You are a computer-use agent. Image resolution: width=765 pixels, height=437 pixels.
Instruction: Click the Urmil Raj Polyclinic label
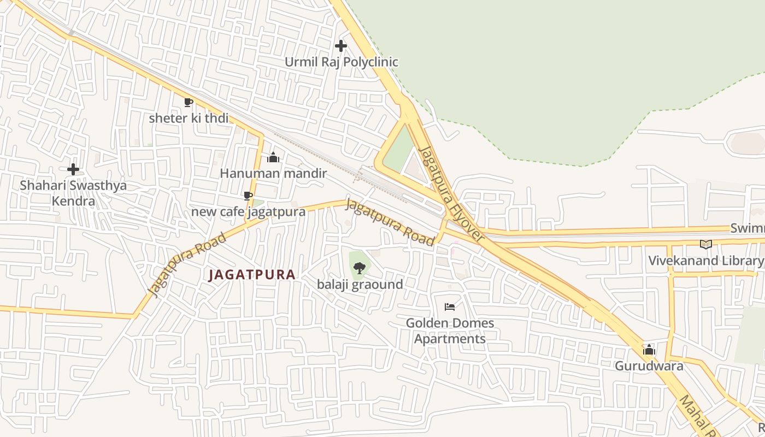point(341,62)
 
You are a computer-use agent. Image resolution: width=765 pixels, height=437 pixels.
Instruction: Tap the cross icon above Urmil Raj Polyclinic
point(341,46)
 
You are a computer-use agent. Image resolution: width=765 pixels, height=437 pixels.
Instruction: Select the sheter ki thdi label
point(189,118)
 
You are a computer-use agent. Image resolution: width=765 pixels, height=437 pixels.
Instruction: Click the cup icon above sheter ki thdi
point(189,102)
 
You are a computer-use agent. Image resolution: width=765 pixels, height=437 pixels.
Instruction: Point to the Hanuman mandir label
point(273,173)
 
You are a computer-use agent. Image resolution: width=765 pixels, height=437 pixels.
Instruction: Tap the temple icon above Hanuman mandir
point(273,158)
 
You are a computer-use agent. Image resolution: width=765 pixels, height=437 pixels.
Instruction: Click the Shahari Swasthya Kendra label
point(73,193)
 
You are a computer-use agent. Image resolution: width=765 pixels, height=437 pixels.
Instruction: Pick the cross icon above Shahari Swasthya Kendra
point(73,169)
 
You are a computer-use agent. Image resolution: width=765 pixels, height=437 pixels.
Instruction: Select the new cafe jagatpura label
point(248,211)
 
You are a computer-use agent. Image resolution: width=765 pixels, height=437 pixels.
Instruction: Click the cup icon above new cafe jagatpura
point(248,196)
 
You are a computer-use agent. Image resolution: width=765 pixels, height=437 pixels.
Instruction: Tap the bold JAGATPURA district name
point(252,275)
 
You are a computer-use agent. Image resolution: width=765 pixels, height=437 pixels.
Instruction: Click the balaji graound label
point(360,284)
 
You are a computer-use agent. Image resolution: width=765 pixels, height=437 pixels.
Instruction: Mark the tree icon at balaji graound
point(359,268)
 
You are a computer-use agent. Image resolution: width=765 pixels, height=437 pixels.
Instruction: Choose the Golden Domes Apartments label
point(450,330)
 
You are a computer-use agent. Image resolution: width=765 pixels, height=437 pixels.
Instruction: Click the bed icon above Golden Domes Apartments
point(450,307)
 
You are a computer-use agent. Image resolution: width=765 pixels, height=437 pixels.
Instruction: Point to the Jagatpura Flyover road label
point(451,194)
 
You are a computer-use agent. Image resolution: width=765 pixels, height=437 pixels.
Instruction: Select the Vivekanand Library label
point(705,261)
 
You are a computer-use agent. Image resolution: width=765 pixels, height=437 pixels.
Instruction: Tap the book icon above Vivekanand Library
point(706,244)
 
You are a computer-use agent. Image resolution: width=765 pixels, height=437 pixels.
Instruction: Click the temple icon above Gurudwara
point(649,350)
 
